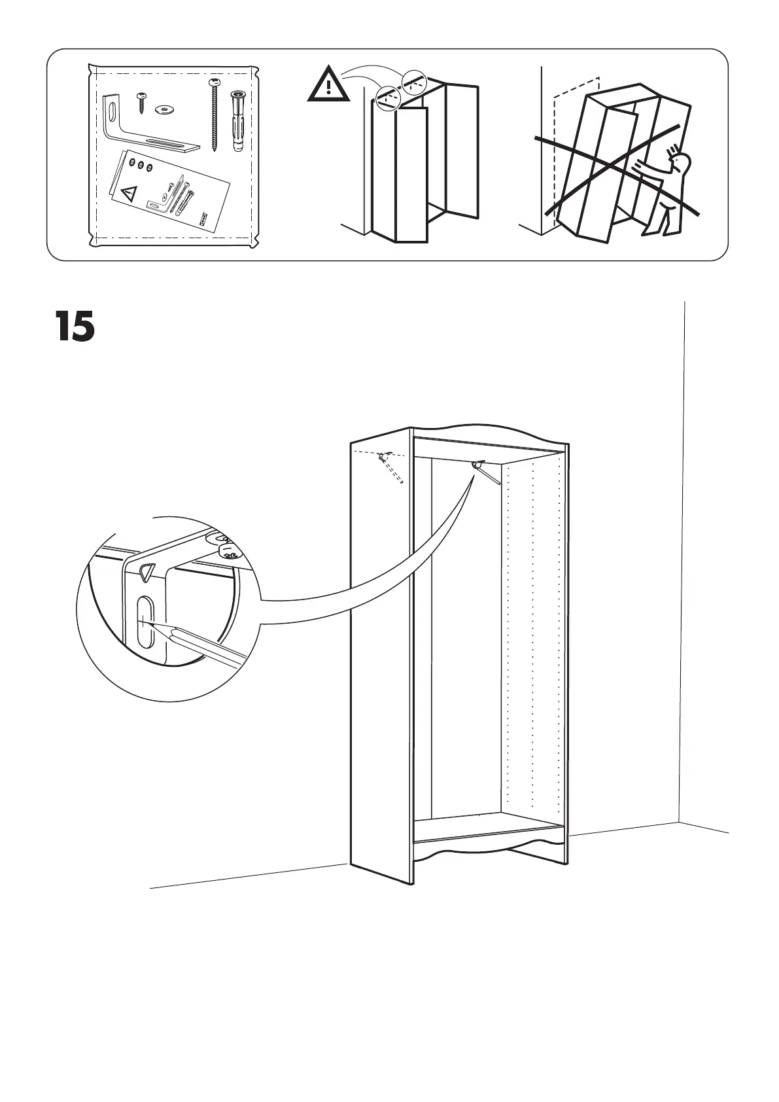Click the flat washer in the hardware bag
[165, 109]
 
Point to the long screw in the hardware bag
[215, 115]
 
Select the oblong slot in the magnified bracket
[145, 622]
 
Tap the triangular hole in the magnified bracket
[147, 571]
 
